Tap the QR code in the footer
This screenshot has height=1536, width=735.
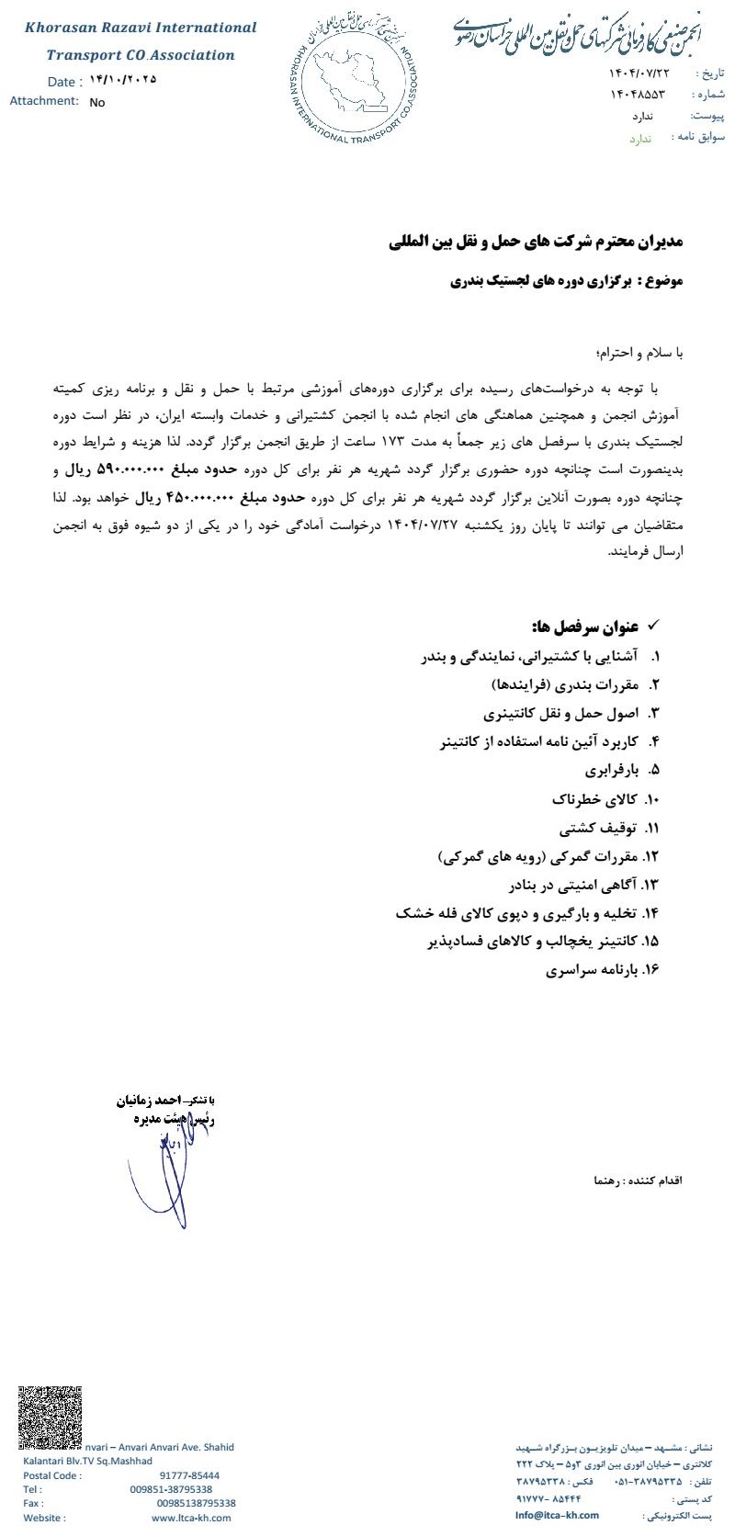[50, 1416]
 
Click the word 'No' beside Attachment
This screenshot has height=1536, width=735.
[97, 103]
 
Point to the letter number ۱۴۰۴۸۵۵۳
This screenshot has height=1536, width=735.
[637, 95]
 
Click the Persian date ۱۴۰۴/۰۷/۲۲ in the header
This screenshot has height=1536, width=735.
[640, 73]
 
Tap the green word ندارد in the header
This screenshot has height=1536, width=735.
[640, 139]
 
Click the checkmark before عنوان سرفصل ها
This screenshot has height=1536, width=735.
[654, 626]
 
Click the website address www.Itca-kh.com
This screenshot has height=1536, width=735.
[191, 1518]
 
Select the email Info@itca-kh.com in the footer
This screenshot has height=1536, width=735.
[557, 1516]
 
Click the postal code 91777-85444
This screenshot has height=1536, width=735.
[189, 1475]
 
